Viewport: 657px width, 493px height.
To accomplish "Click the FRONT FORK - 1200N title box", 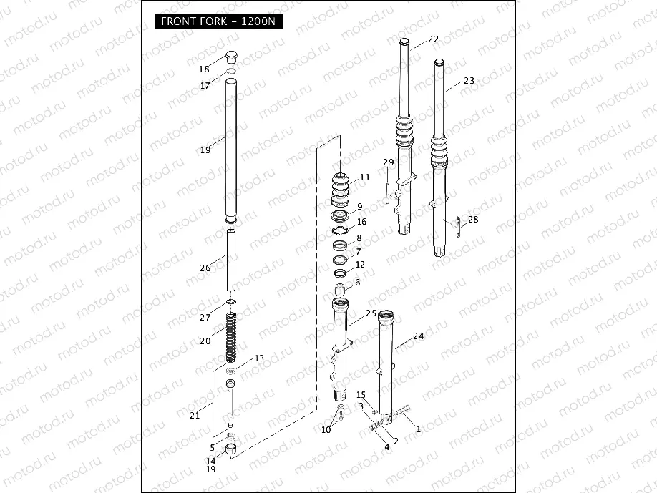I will click(x=218, y=21).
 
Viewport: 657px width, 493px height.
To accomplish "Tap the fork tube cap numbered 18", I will click(x=230, y=57).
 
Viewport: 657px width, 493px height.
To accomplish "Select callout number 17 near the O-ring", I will click(x=205, y=85).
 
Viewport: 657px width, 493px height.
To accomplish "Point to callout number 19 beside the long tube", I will click(x=205, y=150).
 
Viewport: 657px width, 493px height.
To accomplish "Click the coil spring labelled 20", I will click(x=231, y=337).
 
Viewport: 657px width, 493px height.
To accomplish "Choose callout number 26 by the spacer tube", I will click(x=205, y=268).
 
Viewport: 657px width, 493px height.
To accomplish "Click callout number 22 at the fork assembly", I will click(x=434, y=39).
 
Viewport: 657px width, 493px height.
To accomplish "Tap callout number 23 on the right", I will click(x=469, y=81).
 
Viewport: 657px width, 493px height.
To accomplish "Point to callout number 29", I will click(x=389, y=162).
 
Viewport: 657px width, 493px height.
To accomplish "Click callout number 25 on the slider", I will click(x=371, y=313).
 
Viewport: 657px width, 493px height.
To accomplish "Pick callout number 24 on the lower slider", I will click(x=419, y=336).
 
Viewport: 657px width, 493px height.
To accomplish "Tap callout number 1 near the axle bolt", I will click(x=419, y=429).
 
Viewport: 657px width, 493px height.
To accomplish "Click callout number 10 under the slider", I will click(x=326, y=429).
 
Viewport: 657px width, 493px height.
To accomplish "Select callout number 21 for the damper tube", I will click(x=195, y=415).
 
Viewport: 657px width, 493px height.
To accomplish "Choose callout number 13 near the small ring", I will click(x=259, y=358).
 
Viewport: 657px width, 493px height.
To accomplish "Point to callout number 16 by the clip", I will click(x=361, y=222).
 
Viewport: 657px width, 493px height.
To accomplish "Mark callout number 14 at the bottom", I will click(x=210, y=461).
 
